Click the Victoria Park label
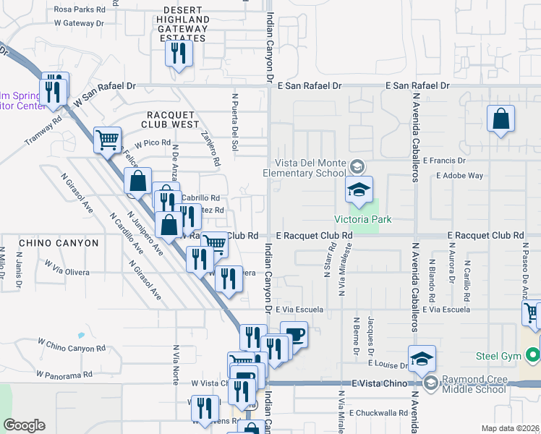click(357, 219)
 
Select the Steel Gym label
click(498, 355)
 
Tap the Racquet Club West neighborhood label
click(173, 119)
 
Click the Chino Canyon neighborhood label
click(59, 243)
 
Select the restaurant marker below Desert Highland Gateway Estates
click(178, 54)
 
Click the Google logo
click(24, 425)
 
